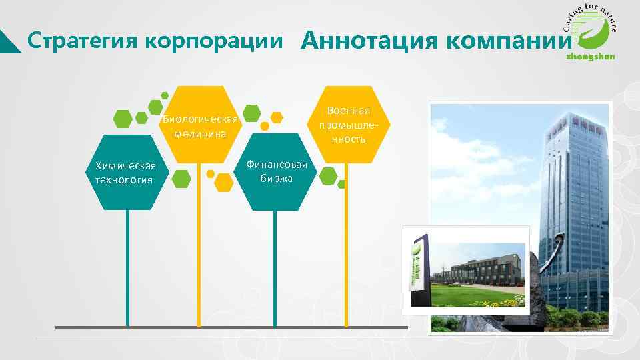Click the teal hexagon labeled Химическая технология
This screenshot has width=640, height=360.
(125, 173)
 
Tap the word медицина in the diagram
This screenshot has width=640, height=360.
(200, 133)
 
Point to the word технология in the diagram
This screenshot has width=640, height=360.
(124, 180)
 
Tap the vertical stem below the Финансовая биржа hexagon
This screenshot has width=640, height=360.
(275, 267)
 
